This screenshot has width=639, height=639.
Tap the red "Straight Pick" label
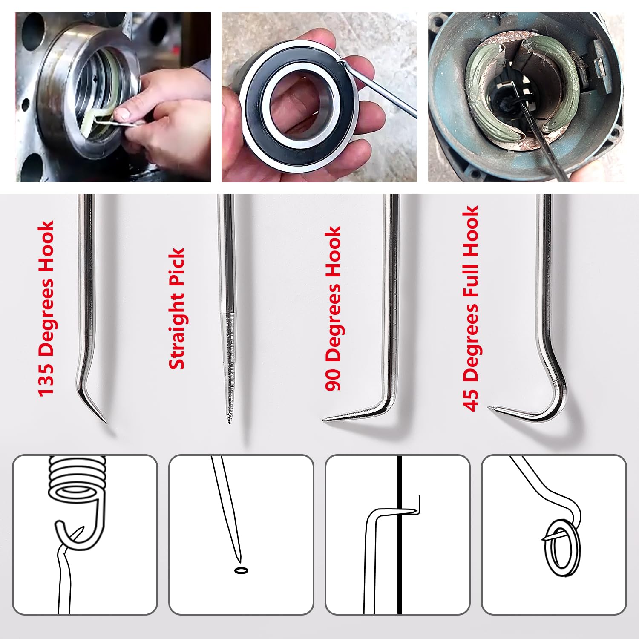pyautogui.click(x=177, y=308)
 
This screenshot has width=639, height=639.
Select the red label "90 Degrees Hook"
pyautogui.click(x=333, y=308)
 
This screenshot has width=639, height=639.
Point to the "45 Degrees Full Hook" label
pyautogui.click(x=471, y=308)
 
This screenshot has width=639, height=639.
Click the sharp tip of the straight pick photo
pyautogui.click(x=229, y=423)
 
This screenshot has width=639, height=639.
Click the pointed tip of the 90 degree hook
pyautogui.click(x=323, y=420)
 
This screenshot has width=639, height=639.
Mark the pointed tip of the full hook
pyautogui.click(x=489, y=407)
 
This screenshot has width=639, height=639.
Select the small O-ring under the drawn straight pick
pyautogui.click(x=242, y=570)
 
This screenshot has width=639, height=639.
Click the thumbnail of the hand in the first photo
pyautogui.click(x=123, y=113)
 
